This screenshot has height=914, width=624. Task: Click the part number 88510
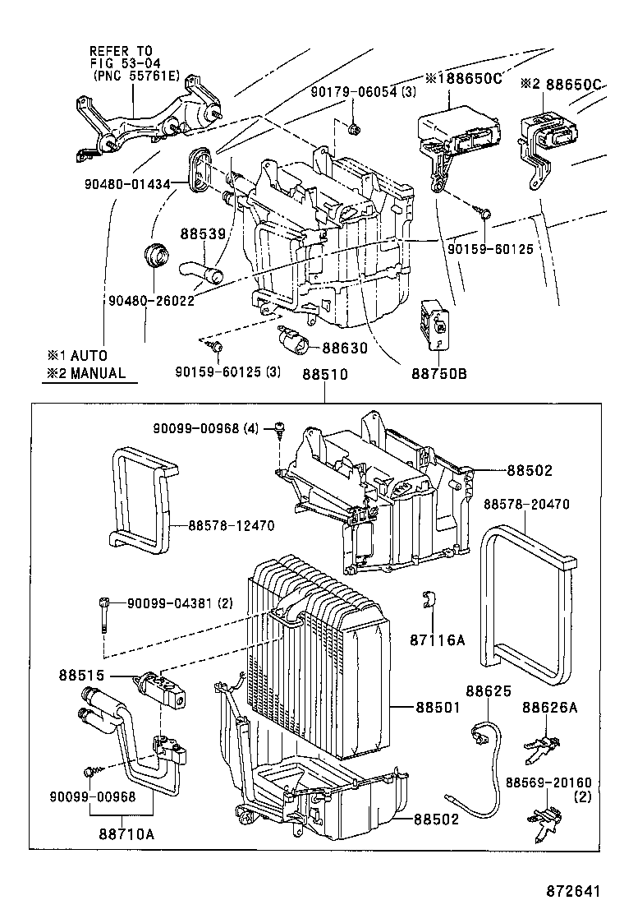[325, 374]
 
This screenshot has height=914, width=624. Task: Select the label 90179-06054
[352, 91]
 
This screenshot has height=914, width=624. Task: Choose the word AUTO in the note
[89, 356]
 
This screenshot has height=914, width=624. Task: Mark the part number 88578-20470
[526, 504]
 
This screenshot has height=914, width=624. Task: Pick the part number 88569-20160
[548, 782]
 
